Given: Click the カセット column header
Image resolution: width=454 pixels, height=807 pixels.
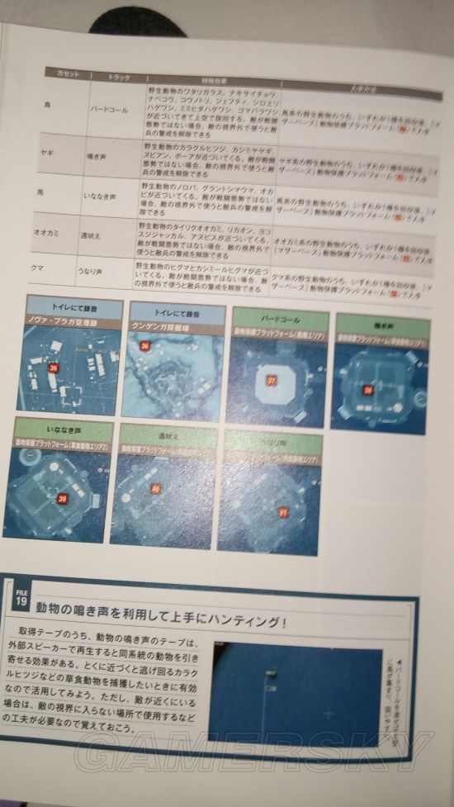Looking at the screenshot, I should pos(64,74).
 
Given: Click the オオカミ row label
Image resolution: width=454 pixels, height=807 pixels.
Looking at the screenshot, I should pos(44,223).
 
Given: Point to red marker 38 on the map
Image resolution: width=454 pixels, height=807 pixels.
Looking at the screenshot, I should pos(368,389).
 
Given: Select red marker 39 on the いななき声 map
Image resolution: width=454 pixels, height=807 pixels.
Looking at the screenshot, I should pos(61,498).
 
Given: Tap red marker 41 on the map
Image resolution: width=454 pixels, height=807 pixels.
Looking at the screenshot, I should pos(281,512).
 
